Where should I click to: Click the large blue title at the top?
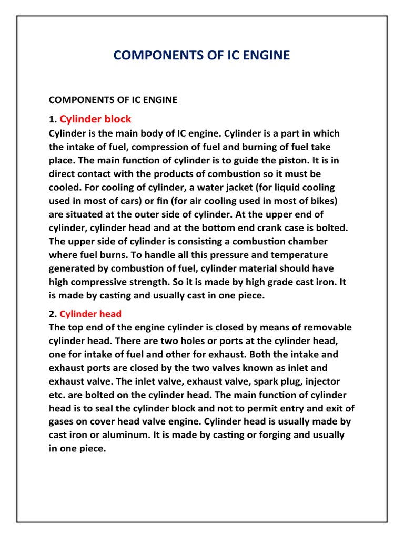(201, 55)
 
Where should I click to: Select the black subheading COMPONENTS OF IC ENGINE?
(113, 99)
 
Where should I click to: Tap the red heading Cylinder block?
(95, 119)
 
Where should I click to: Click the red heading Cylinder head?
(90, 314)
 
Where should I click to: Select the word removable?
(326, 327)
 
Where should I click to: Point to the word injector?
(318, 381)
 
